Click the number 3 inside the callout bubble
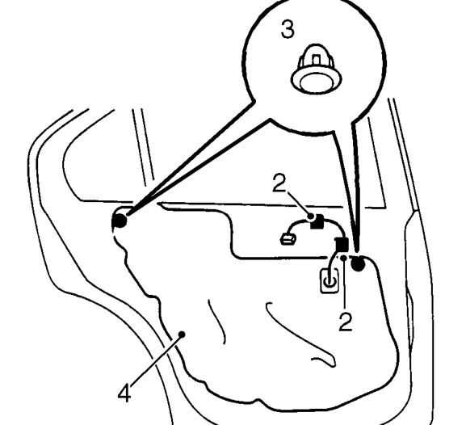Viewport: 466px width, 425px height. coord(288,29)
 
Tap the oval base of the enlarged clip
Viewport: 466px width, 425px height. coord(316,80)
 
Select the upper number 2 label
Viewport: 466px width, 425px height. coord(279,183)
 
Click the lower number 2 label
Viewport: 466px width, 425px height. coord(346,322)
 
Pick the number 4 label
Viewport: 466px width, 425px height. coord(124,393)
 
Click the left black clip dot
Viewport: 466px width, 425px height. coord(120,221)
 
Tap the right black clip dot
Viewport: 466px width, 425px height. coord(358,263)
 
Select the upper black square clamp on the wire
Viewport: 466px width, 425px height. coord(317,221)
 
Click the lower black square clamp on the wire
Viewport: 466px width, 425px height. coord(342,245)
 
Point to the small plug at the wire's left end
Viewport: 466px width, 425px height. coord(288,239)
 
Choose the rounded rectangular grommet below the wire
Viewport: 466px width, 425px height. coord(330,280)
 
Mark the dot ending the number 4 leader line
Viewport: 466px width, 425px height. coord(183,335)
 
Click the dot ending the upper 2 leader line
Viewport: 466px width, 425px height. coord(311,216)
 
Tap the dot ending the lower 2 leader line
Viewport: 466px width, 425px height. coord(343,258)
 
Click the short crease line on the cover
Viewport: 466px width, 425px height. coord(217,322)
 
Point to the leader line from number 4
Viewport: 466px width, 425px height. coord(156,360)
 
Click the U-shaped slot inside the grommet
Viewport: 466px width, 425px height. coord(330,281)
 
